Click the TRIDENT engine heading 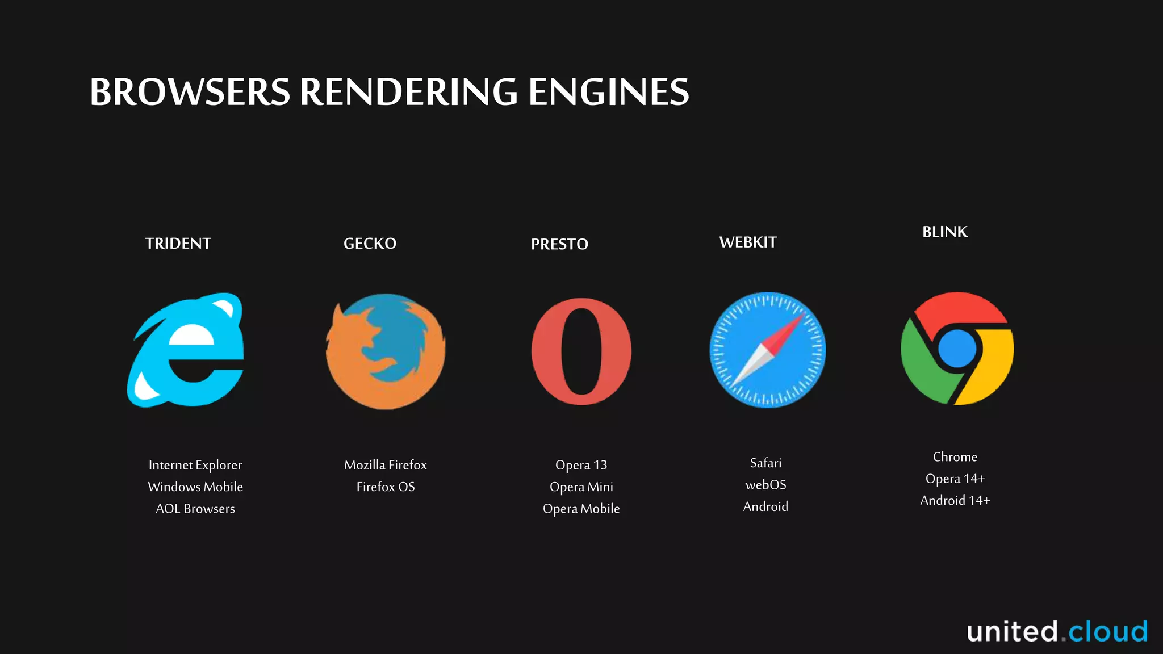click(x=178, y=244)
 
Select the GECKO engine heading click(x=370, y=244)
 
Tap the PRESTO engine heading click(x=559, y=244)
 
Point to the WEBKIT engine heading click(x=748, y=242)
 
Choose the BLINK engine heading click(x=944, y=232)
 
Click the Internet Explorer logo click(x=186, y=350)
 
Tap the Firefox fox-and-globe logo click(x=386, y=351)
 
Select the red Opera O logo click(x=581, y=351)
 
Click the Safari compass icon click(x=767, y=350)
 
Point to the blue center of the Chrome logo click(x=957, y=349)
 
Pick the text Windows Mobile click(x=195, y=487)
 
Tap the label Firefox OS click(x=386, y=487)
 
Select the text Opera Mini click(x=581, y=487)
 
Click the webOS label click(x=765, y=485)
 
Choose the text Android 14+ click(x=955, y=501)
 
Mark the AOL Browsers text click(x=195, y=509)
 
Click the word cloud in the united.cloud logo click(x=1108, y=632)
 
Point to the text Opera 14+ click(x=955, y=479)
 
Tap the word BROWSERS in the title click(x=190, y=92)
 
